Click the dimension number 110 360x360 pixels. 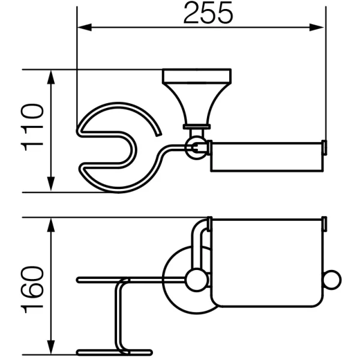(x=32, y=127)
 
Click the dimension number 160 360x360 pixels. (x=32, y=290)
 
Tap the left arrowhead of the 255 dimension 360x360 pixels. (x=85, y=28)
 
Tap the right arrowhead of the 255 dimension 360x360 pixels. (x=317, y=28)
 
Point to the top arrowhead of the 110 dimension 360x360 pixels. (x=51, y=77)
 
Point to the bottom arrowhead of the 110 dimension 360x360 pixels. (x=51, y=184)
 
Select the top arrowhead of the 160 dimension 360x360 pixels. (x=51, y=225)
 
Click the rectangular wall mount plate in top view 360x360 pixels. (x=197, y=76)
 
